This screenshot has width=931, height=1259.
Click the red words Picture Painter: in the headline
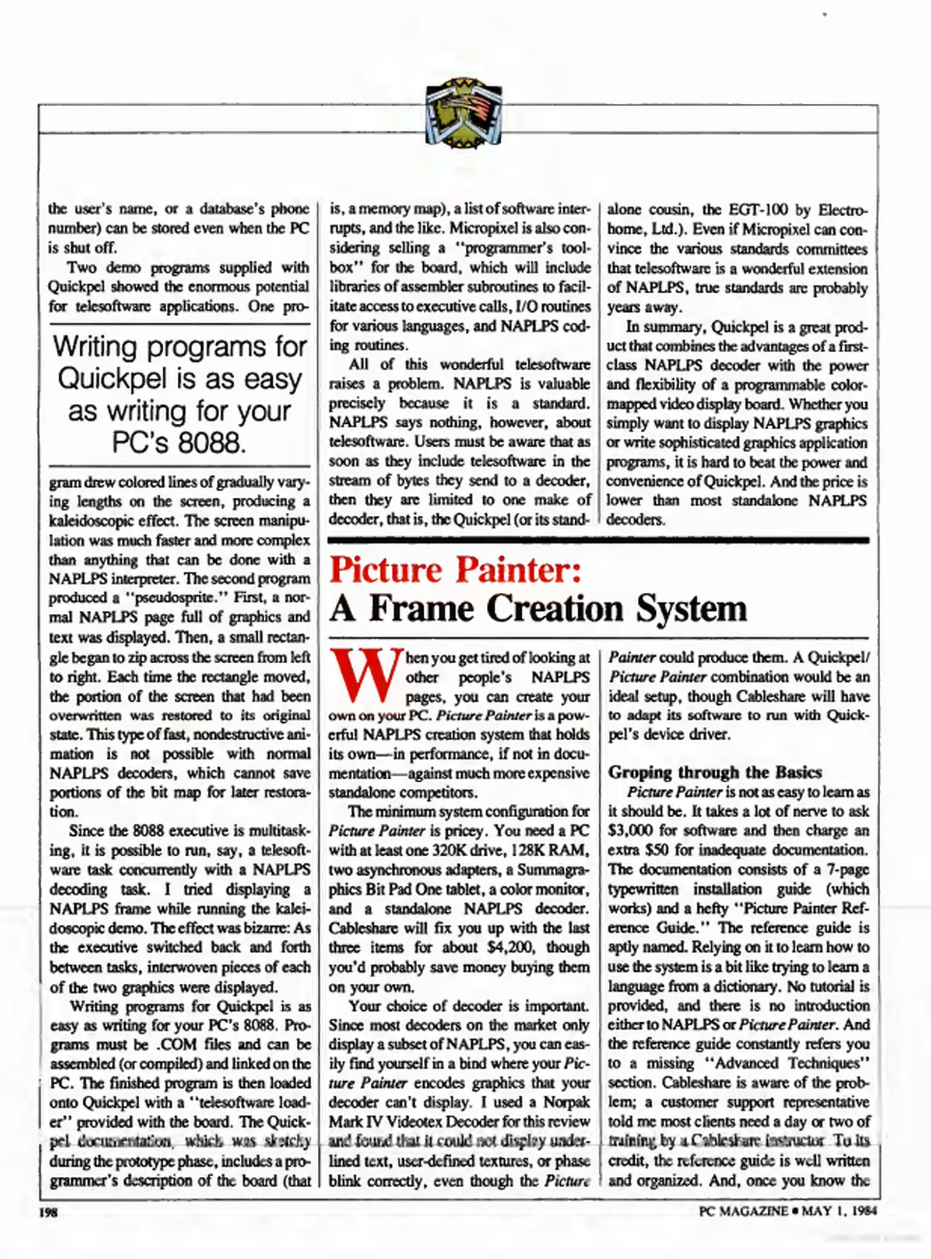[455, 570]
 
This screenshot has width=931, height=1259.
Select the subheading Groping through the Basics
[715, 772]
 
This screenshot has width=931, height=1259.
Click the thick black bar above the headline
[598, 540]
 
